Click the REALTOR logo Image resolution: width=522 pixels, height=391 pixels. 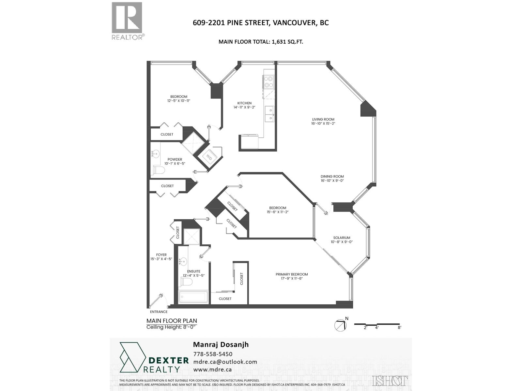click(127, 21)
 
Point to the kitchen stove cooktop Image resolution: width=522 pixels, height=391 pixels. click(268, 82)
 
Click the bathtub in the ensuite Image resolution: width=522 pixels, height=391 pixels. click(193, 297)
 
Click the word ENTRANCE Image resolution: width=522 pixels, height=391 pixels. click(159, 312)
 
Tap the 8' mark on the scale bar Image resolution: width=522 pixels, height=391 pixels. click(399, 328)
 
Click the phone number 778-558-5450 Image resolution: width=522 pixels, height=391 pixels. click(213, 354)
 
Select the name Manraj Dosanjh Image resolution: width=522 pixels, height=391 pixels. click(221, 344)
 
